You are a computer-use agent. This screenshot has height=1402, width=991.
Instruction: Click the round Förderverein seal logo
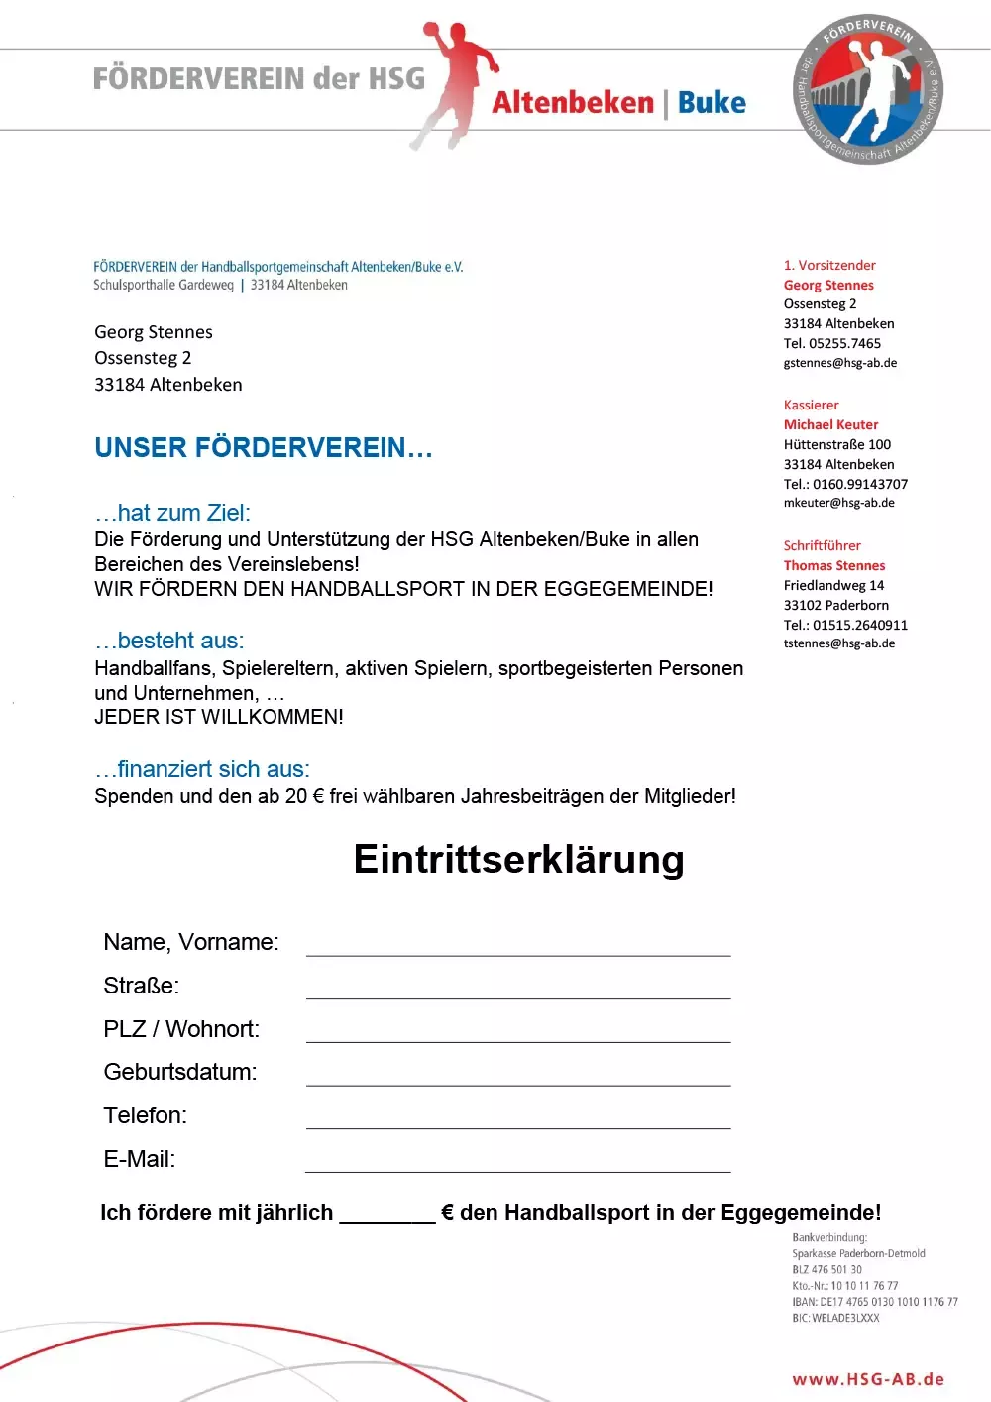pos(868,89)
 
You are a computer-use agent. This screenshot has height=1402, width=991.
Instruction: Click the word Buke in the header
pos(712,103)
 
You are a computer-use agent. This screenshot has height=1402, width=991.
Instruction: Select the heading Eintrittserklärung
pos(518,859)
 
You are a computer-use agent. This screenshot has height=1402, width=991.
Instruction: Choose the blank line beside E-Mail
pos(518,1162)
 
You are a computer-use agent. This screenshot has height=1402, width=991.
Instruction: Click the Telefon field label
pos(145,1115)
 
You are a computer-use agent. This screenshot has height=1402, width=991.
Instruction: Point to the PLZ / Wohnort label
pos(181,1029)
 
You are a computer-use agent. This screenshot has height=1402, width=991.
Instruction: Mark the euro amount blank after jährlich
pos(387,1214)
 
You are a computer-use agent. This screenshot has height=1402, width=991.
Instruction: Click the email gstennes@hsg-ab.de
pos(840,363)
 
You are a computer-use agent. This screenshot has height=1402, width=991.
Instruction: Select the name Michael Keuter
pos(830,424)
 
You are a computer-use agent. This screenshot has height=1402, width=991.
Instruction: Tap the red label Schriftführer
pos(822,545)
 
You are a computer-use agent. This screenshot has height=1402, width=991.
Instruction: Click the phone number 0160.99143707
pos(859,484)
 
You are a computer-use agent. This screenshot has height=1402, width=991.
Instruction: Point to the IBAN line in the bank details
pos(875,1302)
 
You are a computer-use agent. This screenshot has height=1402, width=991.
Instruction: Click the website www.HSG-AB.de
pos(868,1379)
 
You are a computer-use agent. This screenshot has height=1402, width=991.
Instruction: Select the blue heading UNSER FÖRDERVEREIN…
pos(264,448)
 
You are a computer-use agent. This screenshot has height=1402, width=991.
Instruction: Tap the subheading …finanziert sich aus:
pos(202,769)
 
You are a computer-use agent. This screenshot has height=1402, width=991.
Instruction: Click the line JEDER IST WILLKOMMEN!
pos(219,717)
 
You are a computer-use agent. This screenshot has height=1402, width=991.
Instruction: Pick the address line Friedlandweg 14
pos(833,585)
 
